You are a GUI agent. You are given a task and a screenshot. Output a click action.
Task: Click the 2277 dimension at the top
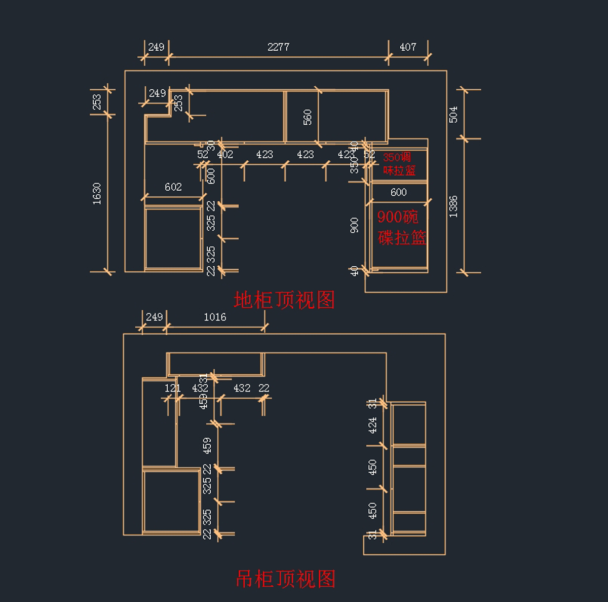pyautogui.click(x=278, y=47)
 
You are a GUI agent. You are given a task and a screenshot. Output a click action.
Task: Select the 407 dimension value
pyautogui.click(x=408, y=47)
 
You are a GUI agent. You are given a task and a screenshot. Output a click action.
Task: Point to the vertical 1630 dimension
pyautogui.click(x=97, y=194)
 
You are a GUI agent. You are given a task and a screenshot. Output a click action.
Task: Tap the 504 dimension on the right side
pyautogui.click(x=453, y=114)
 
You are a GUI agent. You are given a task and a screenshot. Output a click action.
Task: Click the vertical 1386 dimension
pyautogui.click(x=453, y=206)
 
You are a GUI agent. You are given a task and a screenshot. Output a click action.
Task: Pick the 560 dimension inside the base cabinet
pyautogui.click(x=308, y=117)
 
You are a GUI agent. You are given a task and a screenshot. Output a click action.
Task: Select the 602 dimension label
pyautogui.click(x=173, y=187)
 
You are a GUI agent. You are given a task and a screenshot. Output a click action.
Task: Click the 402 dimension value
pyautogui.click(x=225, y=155)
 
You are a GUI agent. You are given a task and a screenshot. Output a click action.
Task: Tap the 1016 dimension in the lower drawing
pyautogui.click(x=215, y=317)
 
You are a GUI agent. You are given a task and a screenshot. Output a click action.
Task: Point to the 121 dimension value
pyautogui.click(x=173, y=388)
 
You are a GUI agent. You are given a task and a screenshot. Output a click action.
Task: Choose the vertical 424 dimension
pyautogui.click(x=373, y=425)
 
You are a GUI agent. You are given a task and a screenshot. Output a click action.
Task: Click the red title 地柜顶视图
pyautogui.click(x=284, y=300)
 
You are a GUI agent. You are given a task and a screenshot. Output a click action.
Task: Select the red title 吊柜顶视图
pyautogui.click(x=286, y=579)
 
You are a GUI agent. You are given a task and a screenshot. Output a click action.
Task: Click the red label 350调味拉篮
pyautogui.click(x=399, y=164)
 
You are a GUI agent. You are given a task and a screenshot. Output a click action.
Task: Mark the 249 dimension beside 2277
pyautogui.click(x=156, y=47)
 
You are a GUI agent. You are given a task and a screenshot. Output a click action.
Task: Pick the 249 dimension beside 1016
pyautogui.click(x=154, y=317)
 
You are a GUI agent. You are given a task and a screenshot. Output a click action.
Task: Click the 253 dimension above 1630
pyautogui.click(x=97, y=102)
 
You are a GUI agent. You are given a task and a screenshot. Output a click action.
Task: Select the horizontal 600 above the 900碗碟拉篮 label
pyautogui.click(x=399, y=192)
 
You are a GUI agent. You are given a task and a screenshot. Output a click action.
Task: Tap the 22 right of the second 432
pyautogui.click(x=264, y=388)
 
